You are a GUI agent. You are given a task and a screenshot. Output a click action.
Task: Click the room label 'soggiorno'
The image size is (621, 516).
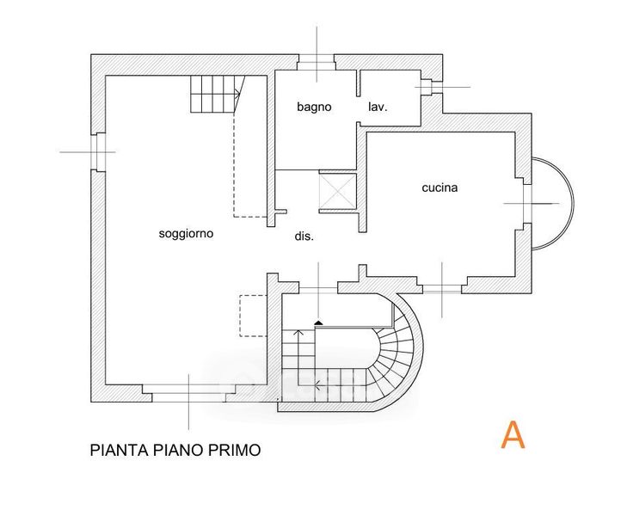tap(186, 233)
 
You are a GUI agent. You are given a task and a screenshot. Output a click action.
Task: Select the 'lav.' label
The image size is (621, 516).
tap(378, 107)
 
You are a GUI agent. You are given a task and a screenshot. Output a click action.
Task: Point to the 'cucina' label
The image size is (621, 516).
tap(440, 187)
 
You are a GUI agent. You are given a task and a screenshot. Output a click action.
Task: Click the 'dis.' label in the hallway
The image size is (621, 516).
tap(304, 236)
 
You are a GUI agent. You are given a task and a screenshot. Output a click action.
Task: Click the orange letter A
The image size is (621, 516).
tap(513, 435)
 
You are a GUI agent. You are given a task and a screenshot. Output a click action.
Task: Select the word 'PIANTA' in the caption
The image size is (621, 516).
tap(116, 450)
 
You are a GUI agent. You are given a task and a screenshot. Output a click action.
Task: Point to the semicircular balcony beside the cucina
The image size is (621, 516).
tap(553, 202)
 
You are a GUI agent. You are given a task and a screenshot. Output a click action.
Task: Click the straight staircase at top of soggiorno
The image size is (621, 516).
tap(213, 93)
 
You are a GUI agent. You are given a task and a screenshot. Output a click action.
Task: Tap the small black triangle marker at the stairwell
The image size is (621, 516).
tap(319, 322)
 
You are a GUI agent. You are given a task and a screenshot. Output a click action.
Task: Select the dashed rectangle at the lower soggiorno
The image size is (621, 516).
tap(253, 316)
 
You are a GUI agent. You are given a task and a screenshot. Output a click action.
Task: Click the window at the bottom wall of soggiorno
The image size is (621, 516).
tap(188, 394)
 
